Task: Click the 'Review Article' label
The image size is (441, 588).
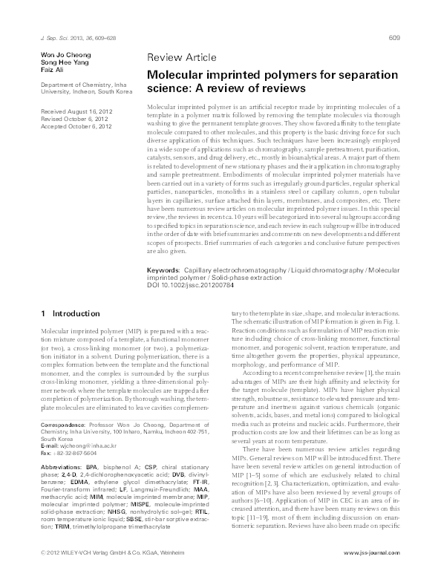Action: (x=183, y=57)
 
